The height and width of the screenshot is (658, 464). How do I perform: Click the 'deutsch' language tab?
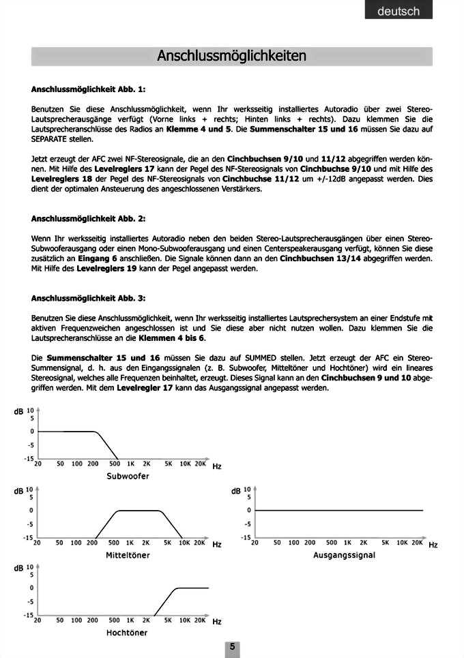pos(402,12)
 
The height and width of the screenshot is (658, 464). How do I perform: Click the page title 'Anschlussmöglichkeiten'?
pos(231,56)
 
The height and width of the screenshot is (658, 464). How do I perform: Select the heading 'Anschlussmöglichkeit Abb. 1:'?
pos(88,89)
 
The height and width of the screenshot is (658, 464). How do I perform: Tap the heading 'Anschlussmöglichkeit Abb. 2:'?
pos(88,219)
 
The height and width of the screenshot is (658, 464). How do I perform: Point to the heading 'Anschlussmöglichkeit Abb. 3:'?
pos(88,298)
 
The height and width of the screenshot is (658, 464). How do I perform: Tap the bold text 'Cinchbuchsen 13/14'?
pos(321,259)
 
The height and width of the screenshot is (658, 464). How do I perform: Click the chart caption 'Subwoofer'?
pos(128,476)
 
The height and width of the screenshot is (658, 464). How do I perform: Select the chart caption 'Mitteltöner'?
pos(128,555)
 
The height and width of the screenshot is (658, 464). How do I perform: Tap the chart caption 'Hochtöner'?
pos(127,633)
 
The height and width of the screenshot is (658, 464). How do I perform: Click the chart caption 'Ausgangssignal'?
pos(344,555)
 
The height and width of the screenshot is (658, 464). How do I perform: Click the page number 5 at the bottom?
pos(232,647)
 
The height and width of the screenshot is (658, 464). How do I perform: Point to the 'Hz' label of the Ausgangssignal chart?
pos(433,545)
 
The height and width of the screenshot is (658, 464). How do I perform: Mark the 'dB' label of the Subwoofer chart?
pos(18,411)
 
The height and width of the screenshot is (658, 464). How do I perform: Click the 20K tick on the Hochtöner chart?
pos(200,621)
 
